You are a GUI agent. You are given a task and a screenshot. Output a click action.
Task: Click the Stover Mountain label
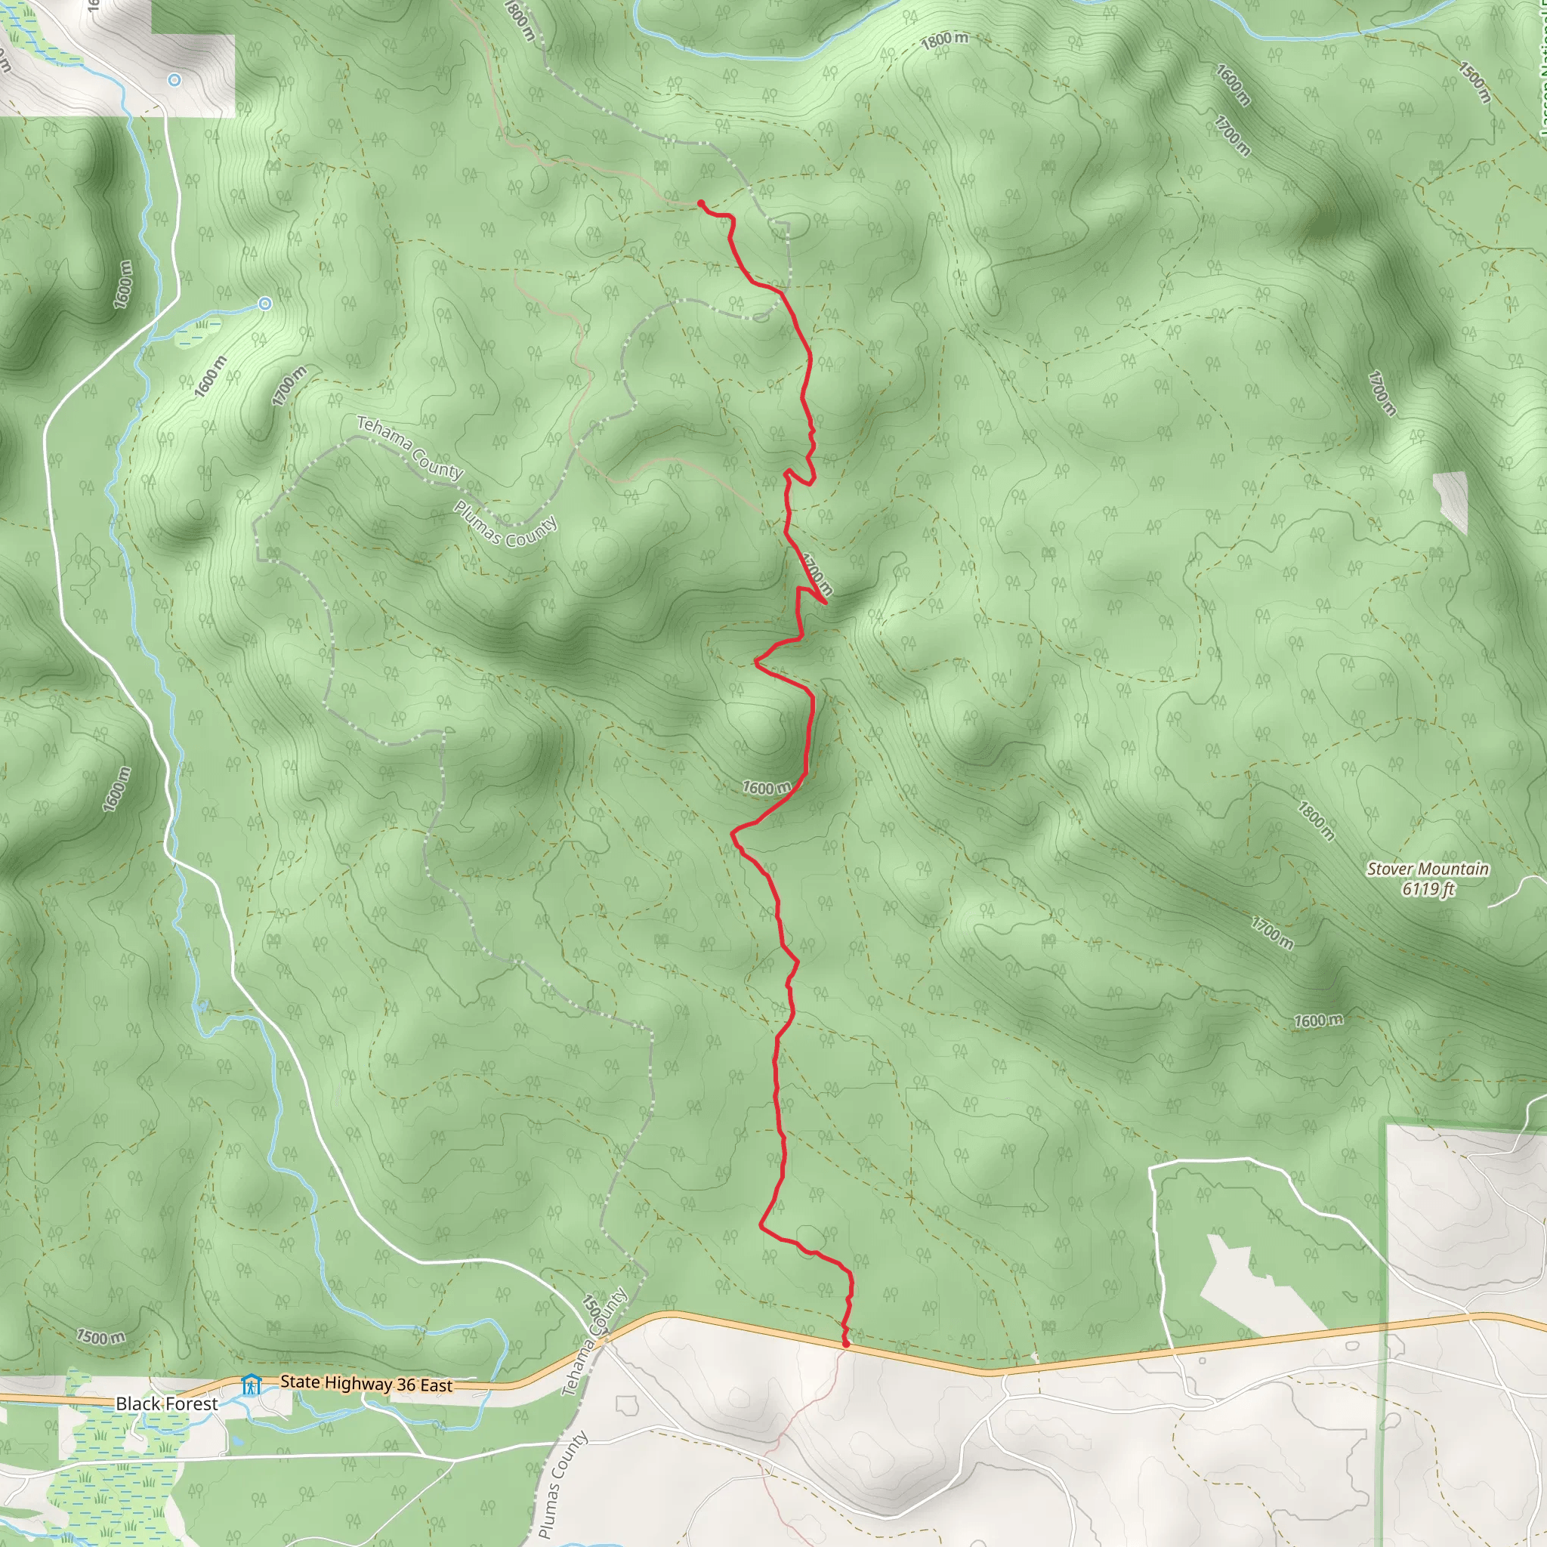[x=1428, y=869]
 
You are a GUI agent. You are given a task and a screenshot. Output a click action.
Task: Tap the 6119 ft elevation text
[x=1428, y=889]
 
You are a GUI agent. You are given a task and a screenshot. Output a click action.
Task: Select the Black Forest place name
[x=166, y=1403]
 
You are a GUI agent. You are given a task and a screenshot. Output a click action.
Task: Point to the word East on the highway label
[x=435, y=1386]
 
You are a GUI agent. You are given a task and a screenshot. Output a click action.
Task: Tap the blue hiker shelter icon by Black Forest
[x=252, y=1385]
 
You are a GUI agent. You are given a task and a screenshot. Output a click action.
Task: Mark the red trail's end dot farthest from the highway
[x=701, y=203]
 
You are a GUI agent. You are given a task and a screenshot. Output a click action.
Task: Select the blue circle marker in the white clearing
[x=174, y=80]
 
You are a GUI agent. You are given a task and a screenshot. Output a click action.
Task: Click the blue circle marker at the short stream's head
[x=265, y=304]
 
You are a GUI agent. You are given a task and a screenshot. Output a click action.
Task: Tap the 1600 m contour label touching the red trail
[x=766, y=788]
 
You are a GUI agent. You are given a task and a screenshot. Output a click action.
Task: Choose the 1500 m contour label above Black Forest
[x=101, y=1336]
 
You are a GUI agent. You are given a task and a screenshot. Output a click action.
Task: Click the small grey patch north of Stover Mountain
[x=1451, y=501]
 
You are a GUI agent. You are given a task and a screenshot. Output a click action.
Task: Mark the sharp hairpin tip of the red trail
[x=826, y=602]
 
